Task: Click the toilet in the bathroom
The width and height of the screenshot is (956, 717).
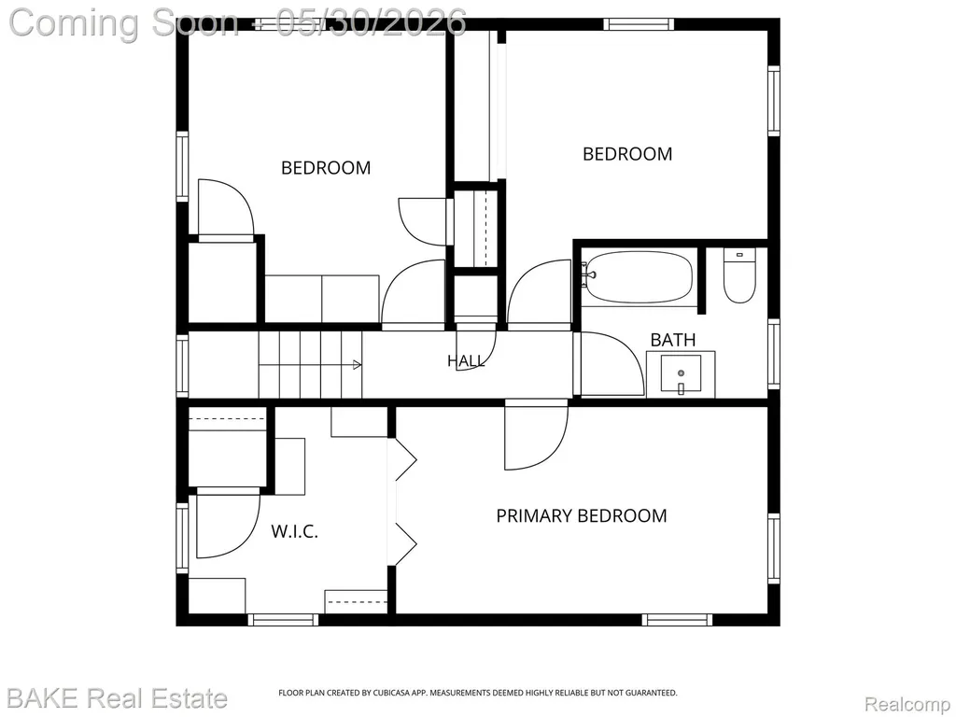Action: click(739, 276)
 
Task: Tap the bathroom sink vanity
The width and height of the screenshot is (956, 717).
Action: click(681, 374)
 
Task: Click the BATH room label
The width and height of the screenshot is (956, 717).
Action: click(673, 340)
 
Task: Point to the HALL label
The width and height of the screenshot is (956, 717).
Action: click(467, 361)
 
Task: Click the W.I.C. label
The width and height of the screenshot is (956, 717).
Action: click(294, 531)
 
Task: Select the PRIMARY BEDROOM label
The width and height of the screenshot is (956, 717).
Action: click(582, 515)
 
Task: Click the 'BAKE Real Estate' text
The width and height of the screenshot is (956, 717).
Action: click(118, 697)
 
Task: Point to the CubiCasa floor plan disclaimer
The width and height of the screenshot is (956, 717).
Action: click(478, 693)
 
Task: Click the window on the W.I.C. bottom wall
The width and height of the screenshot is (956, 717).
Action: click(283, 620)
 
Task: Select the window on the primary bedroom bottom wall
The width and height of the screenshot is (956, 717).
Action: click(678, 620)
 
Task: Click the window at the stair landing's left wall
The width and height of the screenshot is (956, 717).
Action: click(182, 366)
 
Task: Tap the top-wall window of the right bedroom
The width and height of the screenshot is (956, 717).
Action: click(639, 24)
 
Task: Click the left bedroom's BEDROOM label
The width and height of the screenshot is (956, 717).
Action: click(326, 168)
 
